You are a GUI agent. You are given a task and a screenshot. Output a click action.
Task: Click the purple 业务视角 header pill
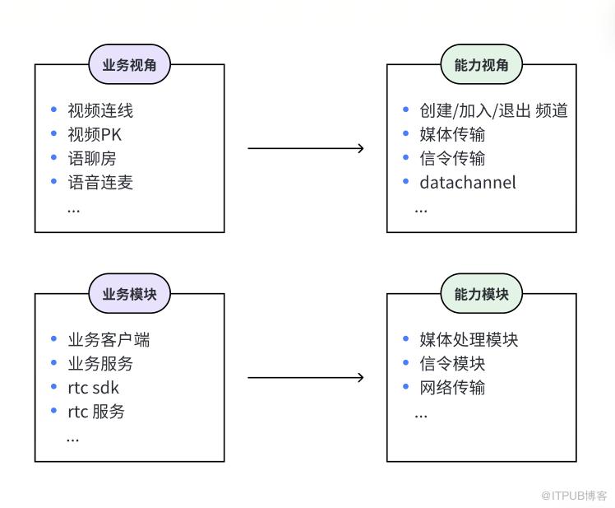click(x=129, y=64)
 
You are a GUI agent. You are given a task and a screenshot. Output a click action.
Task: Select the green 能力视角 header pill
click(x=481, y=64)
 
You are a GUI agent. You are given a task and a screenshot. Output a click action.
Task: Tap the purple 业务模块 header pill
click(x=129, y=293)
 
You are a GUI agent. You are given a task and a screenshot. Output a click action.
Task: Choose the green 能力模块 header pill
click(x=481, y=293)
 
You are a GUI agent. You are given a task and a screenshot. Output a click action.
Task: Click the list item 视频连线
click(x=100, y=110)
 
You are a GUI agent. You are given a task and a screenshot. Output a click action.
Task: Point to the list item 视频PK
click(x=95, y=134)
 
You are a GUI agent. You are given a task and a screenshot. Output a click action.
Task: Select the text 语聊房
click(x=92, y=158)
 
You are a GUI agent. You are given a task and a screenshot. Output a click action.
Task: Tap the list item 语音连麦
click(x=100, y=182)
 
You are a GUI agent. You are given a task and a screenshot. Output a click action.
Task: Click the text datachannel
click(x=468, y=182)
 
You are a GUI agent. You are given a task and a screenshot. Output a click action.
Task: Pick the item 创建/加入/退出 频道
click(x=493, y=110)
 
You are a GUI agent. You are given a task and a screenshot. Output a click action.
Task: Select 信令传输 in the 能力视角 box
click(x=452, y=158)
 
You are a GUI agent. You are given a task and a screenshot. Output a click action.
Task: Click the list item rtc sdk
click(x=93, y=388)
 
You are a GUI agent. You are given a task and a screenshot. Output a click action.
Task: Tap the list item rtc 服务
click(x=96, y=412)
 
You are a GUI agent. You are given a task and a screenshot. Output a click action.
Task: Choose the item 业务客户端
click(x=109, y=339)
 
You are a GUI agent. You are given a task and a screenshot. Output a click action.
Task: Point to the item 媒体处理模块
click(x=469, y=339)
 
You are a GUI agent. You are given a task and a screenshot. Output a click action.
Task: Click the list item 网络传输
click(x=452, y=388)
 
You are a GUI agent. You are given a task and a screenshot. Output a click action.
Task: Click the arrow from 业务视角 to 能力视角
click(x=306, y=148)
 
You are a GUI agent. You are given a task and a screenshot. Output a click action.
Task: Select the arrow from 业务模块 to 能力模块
click(x=306, y=378)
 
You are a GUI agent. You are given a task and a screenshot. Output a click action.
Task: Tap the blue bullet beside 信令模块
click(x=406, y=362)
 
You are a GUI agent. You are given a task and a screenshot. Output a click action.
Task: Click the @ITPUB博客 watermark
click(x=574, y=496)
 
